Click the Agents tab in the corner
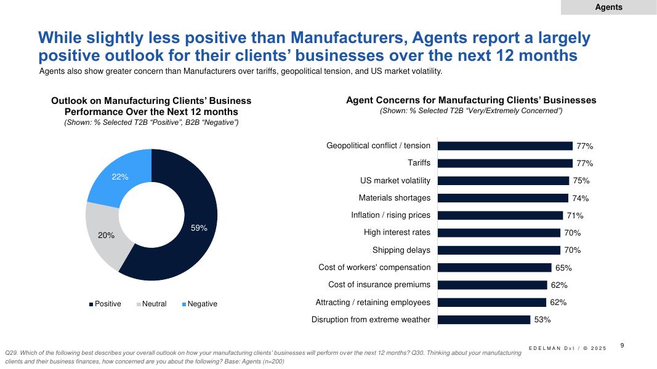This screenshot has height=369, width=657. [x=608, y=7]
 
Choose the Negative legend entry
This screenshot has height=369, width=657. [x=200, y=304]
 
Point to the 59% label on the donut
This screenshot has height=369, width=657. [x=199, y=228]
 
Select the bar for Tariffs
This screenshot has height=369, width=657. [x=505, y=164]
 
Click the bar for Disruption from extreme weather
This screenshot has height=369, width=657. [x=484, y=320]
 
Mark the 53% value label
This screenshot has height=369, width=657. [x=542, y=320]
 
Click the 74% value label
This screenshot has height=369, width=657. [x=580, y=198]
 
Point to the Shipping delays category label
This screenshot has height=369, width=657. [x=401, y=250]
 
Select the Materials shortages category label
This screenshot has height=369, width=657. [x=395, y=198]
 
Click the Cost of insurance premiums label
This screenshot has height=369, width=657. [x=379, y=285]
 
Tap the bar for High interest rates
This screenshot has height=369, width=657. [x=499, y=233]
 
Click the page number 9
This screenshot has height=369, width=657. [x=622, y=346]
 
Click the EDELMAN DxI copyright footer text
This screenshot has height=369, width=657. [x=567, y=349]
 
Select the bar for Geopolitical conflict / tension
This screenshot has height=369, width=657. [x=505, y=146]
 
